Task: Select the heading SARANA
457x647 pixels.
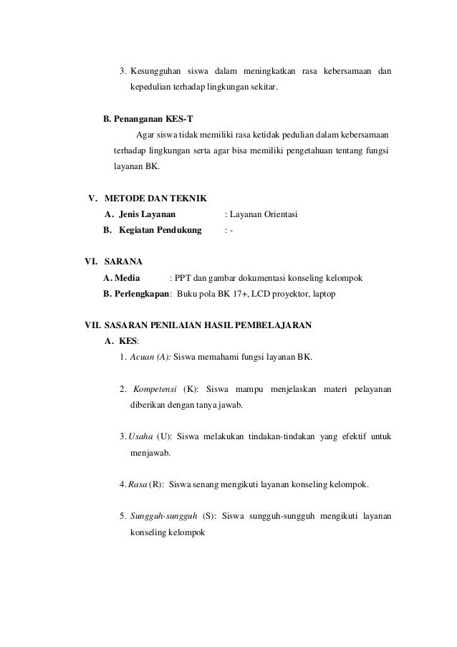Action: click(x=123, y=262)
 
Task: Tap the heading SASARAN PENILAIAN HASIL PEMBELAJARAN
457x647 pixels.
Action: click(x=208, y=325)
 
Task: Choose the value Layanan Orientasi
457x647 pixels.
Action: click(x=264, y=214)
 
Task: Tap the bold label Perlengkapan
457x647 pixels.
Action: click(x=138, y=293)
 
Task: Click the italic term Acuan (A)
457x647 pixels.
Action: click(x=150, y=357)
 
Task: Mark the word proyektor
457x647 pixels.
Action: click(x=292, y=293)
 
